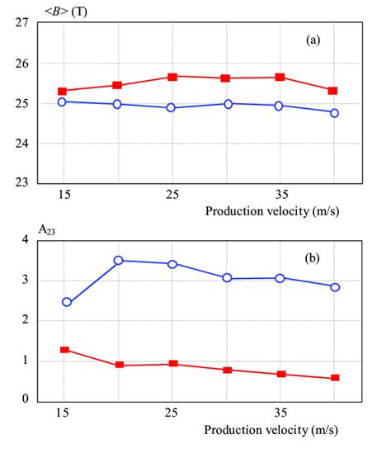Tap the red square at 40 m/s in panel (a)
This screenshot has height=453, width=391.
point(334,91)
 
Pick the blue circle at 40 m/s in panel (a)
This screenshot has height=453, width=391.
point(334,113)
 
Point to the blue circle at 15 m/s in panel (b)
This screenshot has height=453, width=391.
point(67,302)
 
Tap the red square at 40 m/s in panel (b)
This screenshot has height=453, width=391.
point(335,378)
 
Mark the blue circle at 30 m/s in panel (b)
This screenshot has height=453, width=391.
point(226,278)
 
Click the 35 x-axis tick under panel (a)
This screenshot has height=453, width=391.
point(279,195)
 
